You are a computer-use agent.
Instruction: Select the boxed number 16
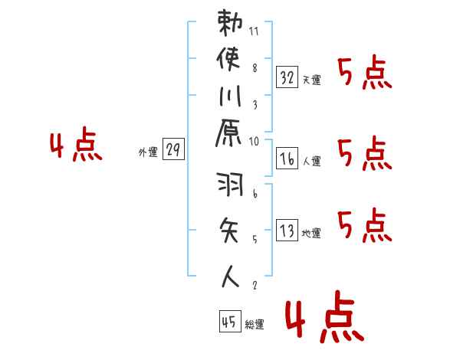click(x=287, y=159)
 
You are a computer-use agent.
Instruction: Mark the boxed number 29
click(x=173, y=150)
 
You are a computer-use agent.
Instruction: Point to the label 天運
click(x=311, y=79)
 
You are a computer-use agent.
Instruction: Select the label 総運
click(x=255, y=325)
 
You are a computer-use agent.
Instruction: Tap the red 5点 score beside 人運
click(x=365, y=153)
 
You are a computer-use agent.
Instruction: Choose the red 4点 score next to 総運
click(x=323, y=319)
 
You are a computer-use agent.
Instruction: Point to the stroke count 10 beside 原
click(x=255, y=141)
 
